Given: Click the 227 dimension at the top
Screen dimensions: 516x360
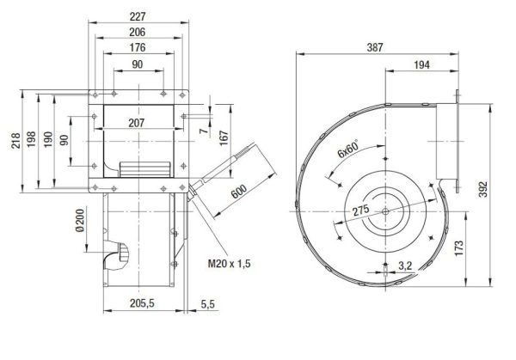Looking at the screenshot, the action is click(138, 16).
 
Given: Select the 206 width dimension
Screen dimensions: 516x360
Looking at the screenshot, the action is click(138, 32).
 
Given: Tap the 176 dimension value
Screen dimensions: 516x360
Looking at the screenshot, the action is click(138, 47).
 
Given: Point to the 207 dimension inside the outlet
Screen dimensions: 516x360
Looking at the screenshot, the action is click(137, 123).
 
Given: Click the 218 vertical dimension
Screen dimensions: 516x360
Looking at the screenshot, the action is click(16, 140).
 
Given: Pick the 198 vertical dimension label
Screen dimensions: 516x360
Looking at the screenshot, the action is click(31, 139).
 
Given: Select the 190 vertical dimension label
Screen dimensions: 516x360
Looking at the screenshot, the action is click(48, 139).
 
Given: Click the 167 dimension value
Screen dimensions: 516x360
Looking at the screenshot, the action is click(224, 138).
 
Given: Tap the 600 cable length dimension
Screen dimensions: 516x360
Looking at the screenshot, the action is click(239, 192).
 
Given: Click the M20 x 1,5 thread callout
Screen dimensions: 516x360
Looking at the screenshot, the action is click(230, 264).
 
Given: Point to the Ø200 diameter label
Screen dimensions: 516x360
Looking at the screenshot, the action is click(80, 221).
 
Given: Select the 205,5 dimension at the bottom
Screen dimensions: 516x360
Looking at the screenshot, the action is click(142, 303).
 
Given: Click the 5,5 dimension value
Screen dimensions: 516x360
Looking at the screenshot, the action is click(207, 304).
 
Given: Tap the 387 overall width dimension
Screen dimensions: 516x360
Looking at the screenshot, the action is click(375, 47).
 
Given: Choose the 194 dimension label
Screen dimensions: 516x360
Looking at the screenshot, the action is click(422, 64).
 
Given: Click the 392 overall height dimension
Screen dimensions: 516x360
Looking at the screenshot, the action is click(482, 189).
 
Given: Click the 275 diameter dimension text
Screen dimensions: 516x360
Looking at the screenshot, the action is click(361, 211).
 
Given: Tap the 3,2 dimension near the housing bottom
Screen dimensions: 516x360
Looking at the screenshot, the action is click(405, 265).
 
